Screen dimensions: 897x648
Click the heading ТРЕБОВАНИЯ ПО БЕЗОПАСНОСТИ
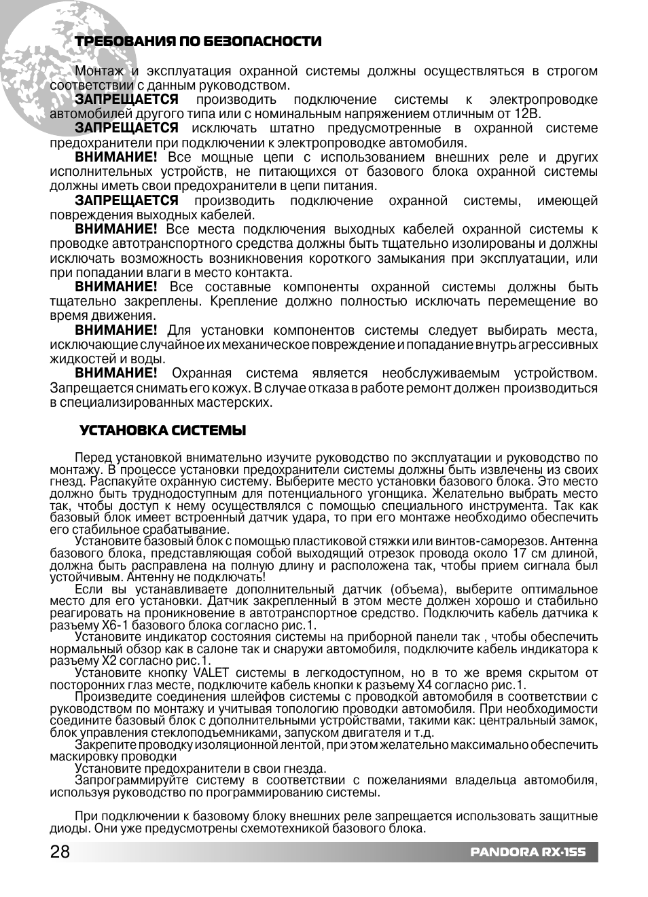click(x=198, y=41)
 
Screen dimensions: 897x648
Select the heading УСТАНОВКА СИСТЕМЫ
click(x=162, y=431)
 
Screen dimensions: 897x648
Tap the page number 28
click(x=60, y=852)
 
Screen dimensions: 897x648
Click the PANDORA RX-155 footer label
click(x=528, y=853)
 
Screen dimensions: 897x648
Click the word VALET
click(x=211, y=673)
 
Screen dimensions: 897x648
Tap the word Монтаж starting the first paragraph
click(x=99, y=71)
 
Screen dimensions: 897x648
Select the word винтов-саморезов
click(x=496, y=541)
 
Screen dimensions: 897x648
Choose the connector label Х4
click(x=425, y=685)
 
